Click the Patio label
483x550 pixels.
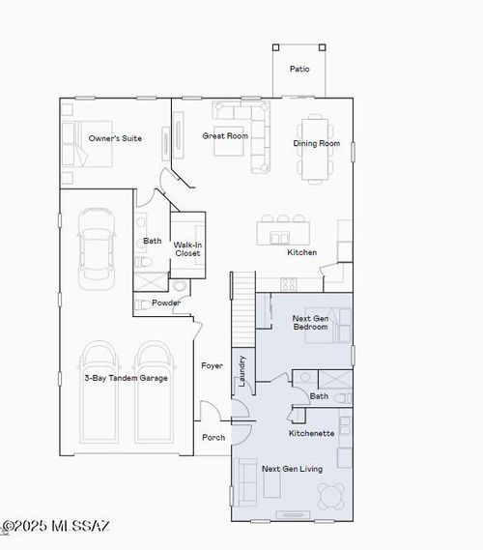pyautogui.click(x=298, y=69)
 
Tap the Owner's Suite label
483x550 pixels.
pyautogui.click(x=115, y=138)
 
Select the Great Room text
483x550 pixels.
pyautogui.click(x=225, y=136)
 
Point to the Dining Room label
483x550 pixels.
pyautogui.click(x=316, y=144)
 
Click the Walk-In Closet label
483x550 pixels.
pyautogui.click(x=187, y=248)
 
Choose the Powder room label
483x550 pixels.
pyautogui.click(x=167, y=303)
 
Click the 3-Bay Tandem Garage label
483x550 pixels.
pyautogui.click(x=126, y=378)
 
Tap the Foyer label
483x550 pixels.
pyautogui.click(x=212, y=365)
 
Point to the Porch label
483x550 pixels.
pyautogui.click(x=213, y=437)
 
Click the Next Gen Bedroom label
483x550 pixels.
pyautogui.click(x=310, y=322)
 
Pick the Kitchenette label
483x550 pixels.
pyautogui.click(x=311, y=433)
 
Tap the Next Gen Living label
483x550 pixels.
pyautogui.click(x=292, y=469)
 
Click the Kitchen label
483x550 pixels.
pyautogui.click(x=301, y=252)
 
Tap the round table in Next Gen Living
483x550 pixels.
pyautogui.click(x=332, y=495)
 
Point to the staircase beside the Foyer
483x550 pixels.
pyautogui.click(x=241, y=309)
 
